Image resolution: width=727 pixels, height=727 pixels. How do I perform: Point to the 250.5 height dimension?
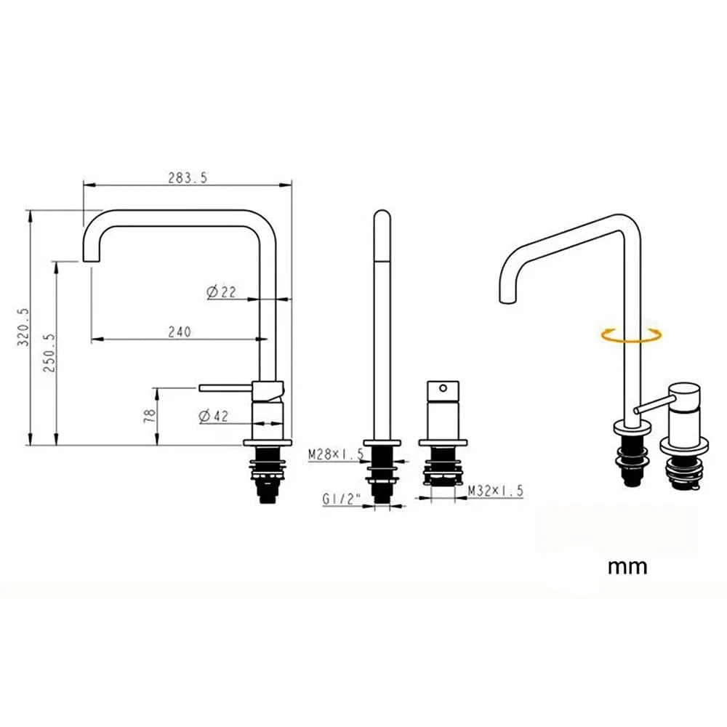click(x=49, y=353)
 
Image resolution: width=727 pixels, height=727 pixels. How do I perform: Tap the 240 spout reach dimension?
click(x=179, y=332)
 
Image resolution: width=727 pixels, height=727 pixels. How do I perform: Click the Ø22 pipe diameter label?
click(x=221, y=292)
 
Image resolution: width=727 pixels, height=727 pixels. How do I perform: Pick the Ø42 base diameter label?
click(x=213, y=417)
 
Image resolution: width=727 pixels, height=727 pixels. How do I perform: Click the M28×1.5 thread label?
click(x=334, y=454)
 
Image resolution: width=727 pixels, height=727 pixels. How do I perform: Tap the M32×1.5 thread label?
click(x=496, y=491)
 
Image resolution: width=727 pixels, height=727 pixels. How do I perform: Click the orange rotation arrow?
click(x=631, y=334)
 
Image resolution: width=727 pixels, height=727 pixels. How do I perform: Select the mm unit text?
click(x=627, y=566)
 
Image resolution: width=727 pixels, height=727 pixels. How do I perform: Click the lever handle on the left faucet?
click(x=225, y=388)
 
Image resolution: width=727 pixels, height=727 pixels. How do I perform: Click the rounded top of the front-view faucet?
click(x=382, y=216)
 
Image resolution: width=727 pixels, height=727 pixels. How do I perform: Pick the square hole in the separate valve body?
click(x=441, y=388)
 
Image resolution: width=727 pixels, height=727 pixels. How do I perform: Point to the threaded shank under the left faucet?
click(x=268, y=476)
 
